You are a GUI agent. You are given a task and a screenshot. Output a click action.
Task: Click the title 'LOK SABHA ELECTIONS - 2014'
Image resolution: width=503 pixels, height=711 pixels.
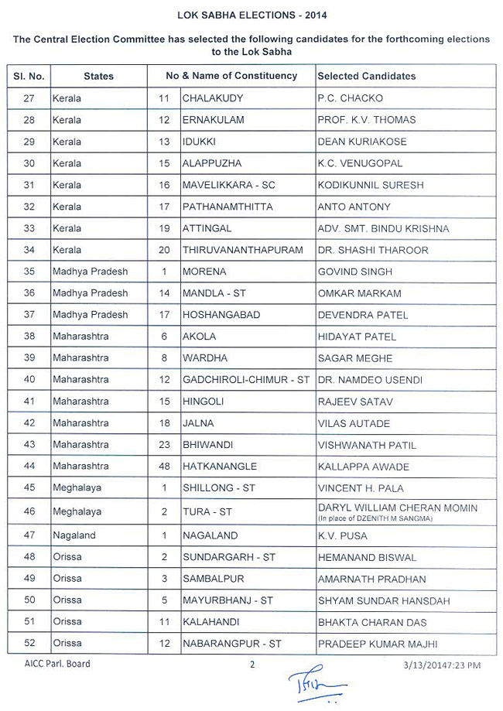tap(252, 15)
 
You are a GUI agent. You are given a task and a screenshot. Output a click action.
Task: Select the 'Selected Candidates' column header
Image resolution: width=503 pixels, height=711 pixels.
tap(366, 76)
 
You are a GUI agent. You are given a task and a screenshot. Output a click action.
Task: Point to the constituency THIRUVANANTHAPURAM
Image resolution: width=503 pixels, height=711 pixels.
tap(242, 250)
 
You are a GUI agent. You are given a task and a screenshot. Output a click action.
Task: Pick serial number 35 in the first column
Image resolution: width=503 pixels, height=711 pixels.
tap(28, 272)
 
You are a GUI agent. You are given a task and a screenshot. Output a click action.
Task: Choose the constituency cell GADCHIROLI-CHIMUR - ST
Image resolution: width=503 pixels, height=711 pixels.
tap(245, 380)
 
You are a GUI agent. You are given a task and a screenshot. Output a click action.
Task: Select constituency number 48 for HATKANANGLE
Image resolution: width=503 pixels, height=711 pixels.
tap(164, 467)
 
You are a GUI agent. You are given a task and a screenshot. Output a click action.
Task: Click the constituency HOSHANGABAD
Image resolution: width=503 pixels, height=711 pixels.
tap(221, 315)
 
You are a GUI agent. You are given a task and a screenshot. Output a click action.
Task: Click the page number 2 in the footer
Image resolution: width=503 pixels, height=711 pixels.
tap(251, 664)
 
